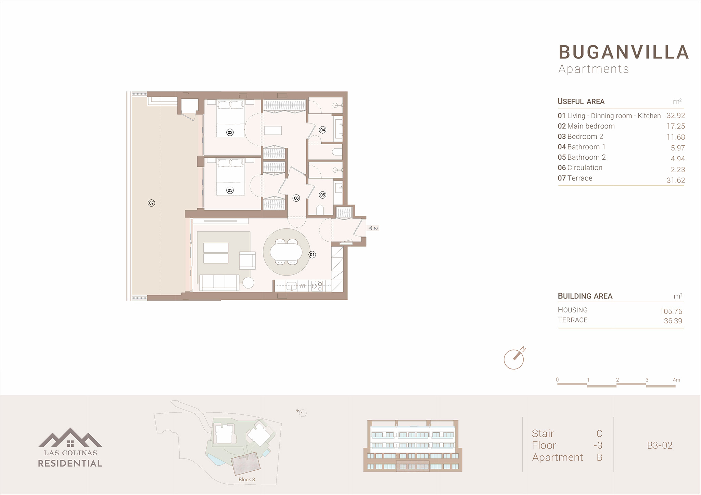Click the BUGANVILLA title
(624, 52)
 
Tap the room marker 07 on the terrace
(151, 203)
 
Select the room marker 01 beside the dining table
(312, 255)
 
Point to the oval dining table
(286, 252)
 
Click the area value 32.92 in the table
(676, 116)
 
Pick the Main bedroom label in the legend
(591, 126)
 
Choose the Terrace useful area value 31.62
(676, 180)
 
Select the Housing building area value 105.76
(671, 311)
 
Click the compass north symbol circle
(513, 360)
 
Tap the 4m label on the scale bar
(676, 380)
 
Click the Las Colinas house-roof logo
(70, 437)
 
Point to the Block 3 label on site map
(247, 480)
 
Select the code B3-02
(660, 445)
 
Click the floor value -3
(598, 445)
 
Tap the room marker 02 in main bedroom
(230, 132)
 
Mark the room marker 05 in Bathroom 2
(322, 195)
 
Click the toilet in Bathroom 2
(320, 210)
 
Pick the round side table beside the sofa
(248, 282)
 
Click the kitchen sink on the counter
(291, 286)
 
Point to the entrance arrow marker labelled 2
(373, 228)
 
